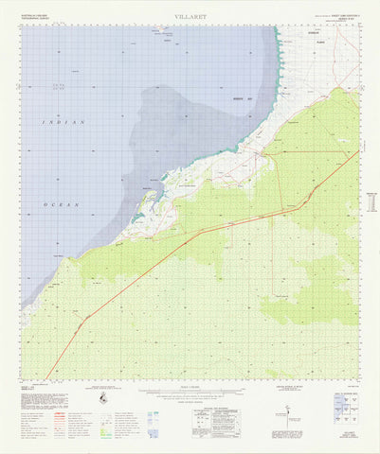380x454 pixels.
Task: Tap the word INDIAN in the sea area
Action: pos(63,123)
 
